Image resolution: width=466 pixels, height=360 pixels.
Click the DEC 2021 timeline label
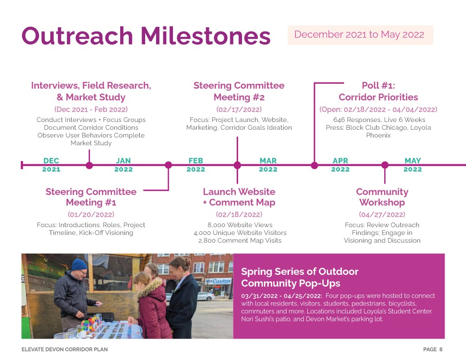pos(51,165)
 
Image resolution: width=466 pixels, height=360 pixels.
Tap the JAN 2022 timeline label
pos(123,165)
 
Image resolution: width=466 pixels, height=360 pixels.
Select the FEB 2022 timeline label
pos(196,165)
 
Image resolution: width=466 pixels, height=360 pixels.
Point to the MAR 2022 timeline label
pos(268,165)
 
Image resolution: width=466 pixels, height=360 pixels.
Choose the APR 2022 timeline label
pos(340,165)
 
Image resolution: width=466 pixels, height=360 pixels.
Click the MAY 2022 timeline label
pos(412,165)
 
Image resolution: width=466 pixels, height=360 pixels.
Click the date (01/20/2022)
pos(91,214)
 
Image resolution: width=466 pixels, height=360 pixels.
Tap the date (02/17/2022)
pos(239,109)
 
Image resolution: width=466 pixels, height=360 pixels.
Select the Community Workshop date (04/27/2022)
pos(382,214)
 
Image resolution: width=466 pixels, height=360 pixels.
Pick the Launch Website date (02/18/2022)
pos(239,214)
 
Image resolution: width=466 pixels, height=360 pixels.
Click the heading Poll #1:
pos(378,86)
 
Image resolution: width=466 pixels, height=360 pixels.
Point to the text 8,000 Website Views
pos(240,225)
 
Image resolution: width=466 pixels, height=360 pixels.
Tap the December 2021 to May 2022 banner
pos(360,35)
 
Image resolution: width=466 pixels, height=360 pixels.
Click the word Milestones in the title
pos(205,36)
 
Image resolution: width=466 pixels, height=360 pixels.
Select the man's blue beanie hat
pos(79,264)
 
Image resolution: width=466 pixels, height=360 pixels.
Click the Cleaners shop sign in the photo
pos(218,281)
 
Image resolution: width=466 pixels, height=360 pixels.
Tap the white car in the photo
pos(205,296)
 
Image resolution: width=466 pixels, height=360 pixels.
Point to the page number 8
pos(441,349)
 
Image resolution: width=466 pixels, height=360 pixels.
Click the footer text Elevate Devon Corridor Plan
pos(65,349)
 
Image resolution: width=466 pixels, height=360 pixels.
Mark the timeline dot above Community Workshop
pos(385,165)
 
